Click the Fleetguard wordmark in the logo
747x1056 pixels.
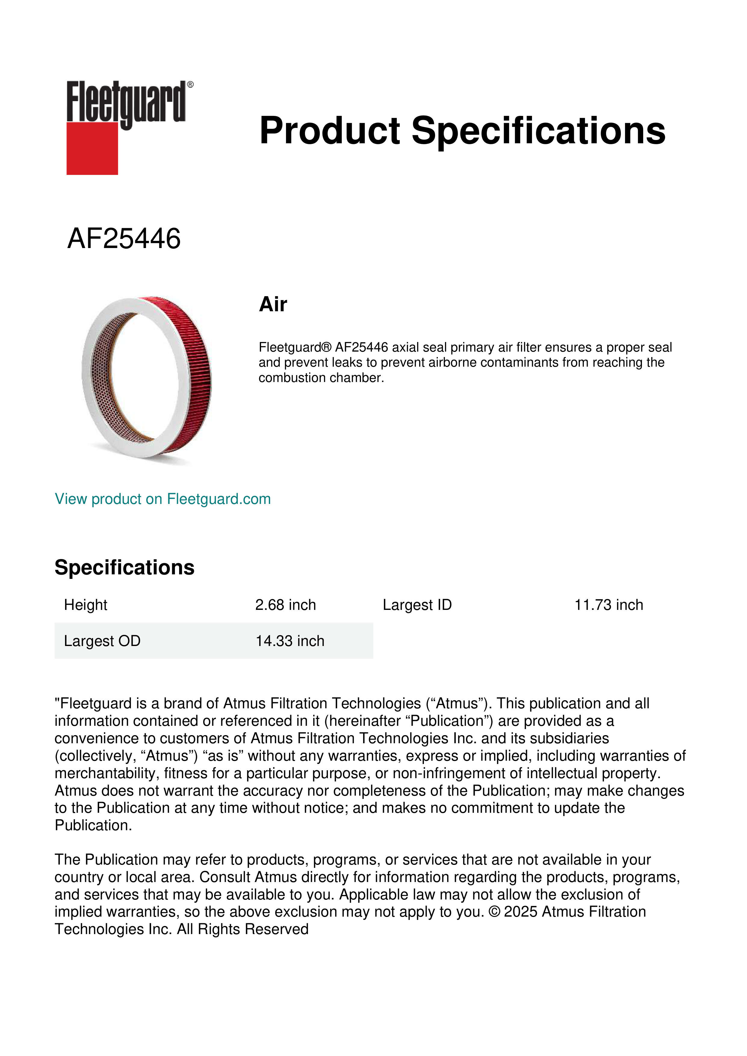126,102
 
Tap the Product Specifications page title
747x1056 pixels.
462,131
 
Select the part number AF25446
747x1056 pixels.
124,239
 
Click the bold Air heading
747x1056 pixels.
273,304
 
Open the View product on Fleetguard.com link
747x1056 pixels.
162,499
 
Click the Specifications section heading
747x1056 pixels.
124,567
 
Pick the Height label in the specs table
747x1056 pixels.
86,605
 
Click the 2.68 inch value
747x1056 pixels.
285,605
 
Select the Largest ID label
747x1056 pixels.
417,605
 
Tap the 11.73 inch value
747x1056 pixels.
608,605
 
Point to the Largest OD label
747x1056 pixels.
102,641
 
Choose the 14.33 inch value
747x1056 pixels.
290,641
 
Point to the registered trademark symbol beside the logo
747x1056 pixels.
190,85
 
